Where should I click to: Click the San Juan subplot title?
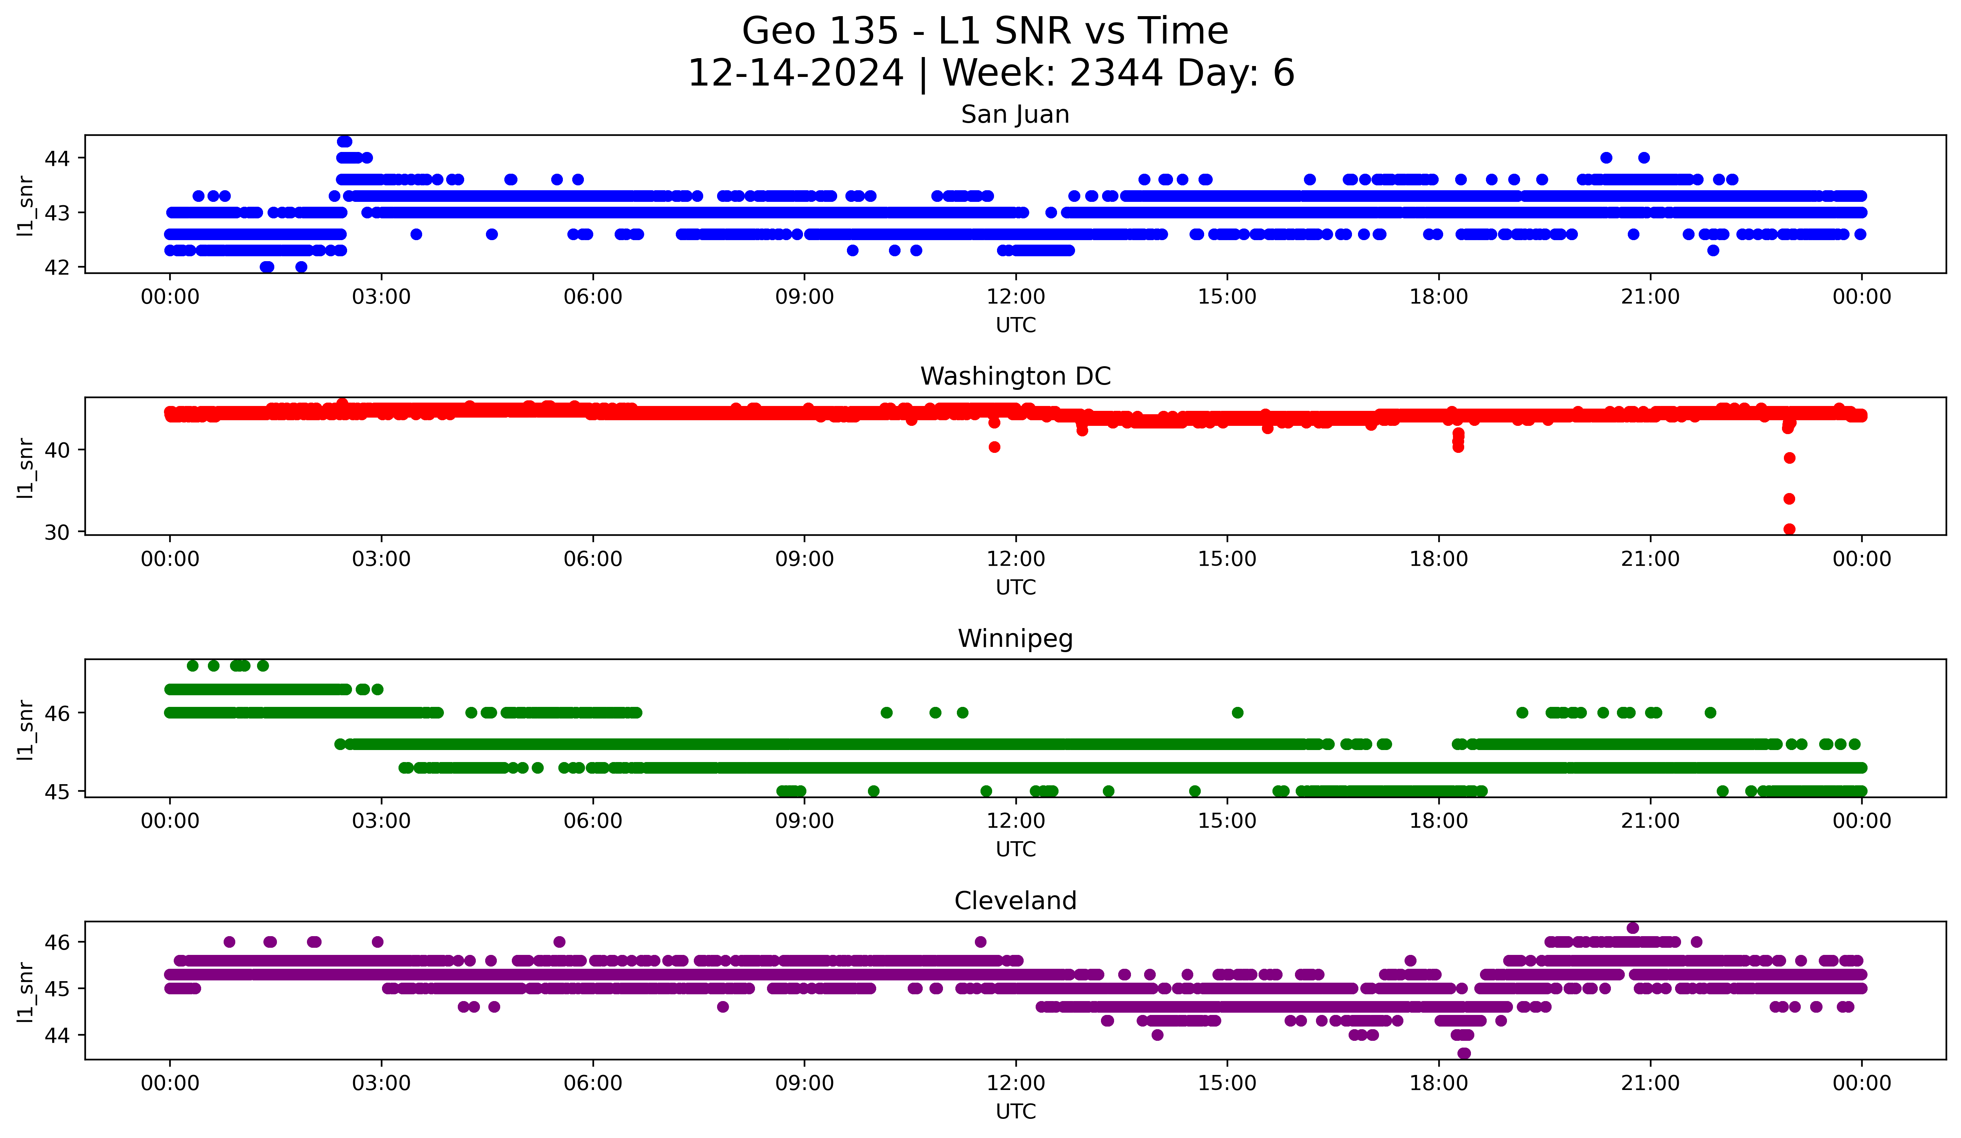[1015, 114]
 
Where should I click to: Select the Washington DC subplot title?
[1015, 376]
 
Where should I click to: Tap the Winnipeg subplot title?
[1015, 639]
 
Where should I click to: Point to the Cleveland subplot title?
[1015, 901]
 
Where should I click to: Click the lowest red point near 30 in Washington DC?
[1789, 529]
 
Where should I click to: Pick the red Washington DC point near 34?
[1789, 499]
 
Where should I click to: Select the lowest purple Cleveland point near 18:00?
[1464, 1053]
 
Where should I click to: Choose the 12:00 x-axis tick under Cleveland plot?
[1015, 1083]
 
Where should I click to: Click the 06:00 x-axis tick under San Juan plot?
[593, 296]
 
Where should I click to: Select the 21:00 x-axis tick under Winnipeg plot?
[1650, 821]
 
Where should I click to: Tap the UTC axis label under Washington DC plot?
[1015, 587]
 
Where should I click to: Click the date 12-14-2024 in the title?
[795, 73]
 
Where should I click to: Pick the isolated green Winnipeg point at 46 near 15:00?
[1237, 713]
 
